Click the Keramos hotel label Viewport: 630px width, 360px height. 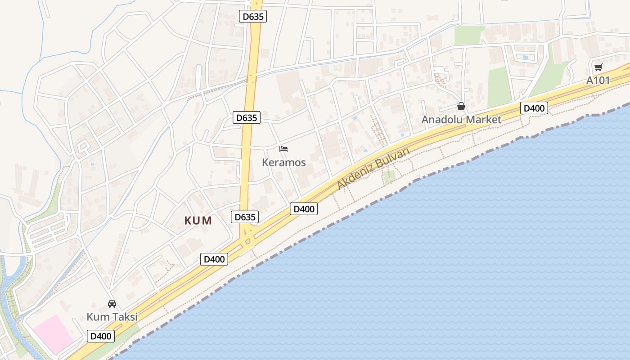284,162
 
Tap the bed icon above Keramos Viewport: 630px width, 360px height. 283,149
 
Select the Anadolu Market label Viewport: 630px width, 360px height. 461,120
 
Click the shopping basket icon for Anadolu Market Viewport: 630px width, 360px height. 461,107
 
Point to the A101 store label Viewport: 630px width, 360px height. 598,81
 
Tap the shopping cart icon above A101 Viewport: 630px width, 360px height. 598,67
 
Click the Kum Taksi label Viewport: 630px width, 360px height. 112,317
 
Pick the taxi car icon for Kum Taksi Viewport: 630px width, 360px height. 112,304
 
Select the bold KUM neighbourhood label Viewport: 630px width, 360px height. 198,220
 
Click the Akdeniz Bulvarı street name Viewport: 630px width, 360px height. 373,168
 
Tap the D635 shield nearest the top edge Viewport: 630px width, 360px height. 253,17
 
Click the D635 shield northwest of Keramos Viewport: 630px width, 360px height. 247,118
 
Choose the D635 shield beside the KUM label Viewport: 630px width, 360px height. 245,217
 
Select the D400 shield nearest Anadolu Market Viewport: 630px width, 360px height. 534,108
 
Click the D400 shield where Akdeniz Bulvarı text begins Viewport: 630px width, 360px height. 303,209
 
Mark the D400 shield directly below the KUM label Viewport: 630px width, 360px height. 214,259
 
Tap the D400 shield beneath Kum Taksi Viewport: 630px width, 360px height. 101,336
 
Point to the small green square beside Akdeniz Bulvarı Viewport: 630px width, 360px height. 390,176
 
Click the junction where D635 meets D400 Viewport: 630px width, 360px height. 247,238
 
